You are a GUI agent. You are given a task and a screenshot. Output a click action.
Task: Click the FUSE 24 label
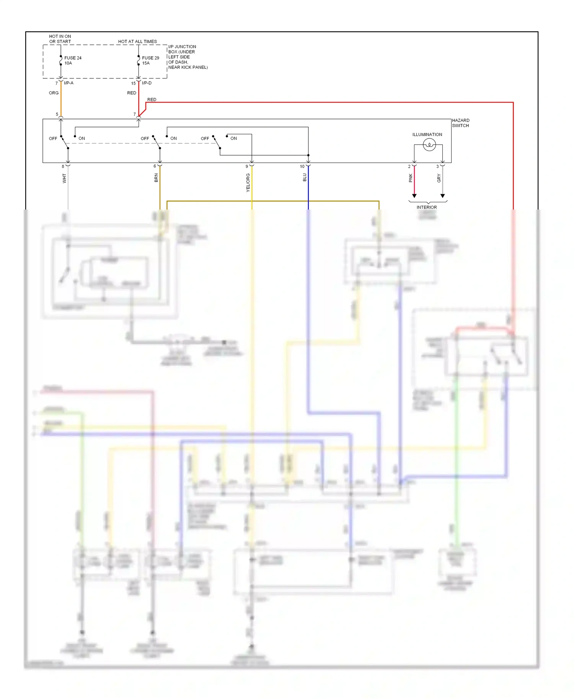73,58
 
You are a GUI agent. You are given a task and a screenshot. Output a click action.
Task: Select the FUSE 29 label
150,58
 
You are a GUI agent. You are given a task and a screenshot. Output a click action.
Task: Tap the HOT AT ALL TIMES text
137,41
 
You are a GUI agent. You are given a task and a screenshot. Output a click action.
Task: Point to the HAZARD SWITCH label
460,123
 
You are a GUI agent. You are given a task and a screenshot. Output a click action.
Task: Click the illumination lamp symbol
429,145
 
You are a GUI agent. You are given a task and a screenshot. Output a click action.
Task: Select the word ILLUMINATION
427,135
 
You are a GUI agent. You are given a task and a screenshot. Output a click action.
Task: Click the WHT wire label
64,178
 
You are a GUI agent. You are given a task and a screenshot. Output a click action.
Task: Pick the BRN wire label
156,177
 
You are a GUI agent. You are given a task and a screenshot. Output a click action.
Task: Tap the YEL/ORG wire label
248,182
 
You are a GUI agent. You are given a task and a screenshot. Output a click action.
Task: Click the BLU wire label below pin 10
305,177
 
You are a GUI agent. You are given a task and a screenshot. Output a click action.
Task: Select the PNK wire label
411,178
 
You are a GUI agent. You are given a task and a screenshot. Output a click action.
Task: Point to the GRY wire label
439,178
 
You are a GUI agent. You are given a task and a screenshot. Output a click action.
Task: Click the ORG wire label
54,93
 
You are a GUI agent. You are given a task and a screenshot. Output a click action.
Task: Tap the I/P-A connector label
68,83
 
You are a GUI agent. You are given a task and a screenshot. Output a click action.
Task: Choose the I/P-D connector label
147,83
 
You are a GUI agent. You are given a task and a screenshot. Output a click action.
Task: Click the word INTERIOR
426,207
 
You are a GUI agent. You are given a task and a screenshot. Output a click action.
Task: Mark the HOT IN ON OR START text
60,39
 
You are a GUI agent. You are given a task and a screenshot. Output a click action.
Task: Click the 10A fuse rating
68,63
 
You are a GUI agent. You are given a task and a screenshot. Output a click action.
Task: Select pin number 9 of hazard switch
247,166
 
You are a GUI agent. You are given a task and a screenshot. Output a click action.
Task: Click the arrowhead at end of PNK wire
414,196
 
